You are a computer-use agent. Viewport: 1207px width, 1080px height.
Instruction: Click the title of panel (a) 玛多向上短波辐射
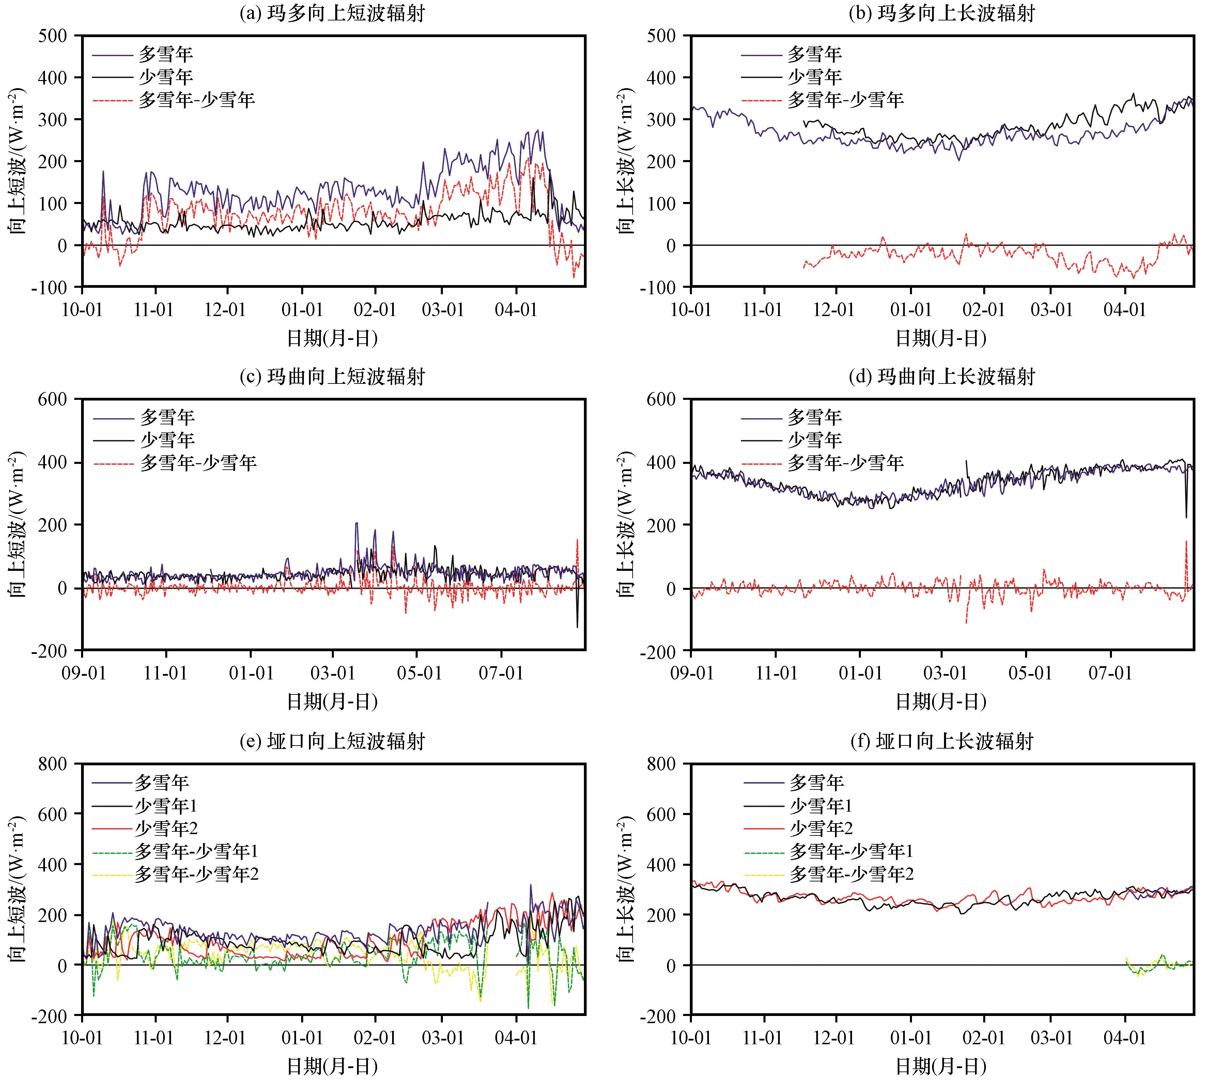point(332,13)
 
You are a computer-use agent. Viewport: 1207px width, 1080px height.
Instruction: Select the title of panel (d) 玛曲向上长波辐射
point(941,376)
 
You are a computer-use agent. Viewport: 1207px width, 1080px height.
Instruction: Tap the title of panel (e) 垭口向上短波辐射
point(332,741)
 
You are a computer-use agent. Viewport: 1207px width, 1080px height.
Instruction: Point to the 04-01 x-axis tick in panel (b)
point(1125,310)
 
